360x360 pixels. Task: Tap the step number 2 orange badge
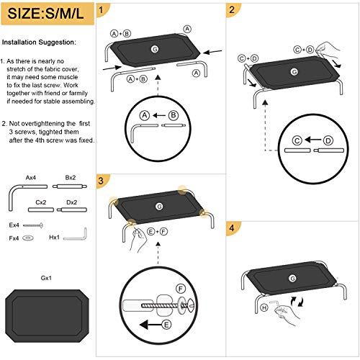[231, 11]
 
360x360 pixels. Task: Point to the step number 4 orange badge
[231, 230]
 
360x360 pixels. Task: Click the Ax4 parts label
[31, 176]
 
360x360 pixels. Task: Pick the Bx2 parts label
[70, 176]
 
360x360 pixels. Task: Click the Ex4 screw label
[14, 225]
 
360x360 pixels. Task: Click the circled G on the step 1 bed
[154, 48]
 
